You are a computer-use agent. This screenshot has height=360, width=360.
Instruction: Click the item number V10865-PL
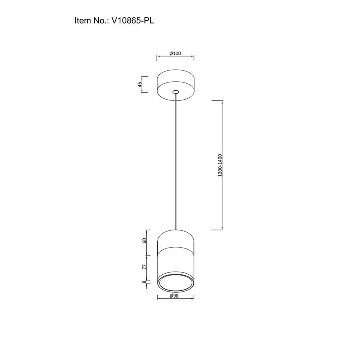(133, 21)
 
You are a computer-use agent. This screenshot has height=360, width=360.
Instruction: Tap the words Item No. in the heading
(92, 21)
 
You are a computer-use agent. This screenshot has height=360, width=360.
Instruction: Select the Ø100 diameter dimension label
(175, 53)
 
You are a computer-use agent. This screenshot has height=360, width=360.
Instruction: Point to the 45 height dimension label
(140, 84)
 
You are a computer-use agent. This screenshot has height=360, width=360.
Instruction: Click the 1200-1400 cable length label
(220, 165)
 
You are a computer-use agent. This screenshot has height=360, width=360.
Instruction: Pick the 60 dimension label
(144, 241)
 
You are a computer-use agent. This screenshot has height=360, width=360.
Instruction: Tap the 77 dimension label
(144, 267)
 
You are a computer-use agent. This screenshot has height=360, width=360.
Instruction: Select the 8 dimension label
(144, 282)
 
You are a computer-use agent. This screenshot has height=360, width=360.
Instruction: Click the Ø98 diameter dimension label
(174, 296)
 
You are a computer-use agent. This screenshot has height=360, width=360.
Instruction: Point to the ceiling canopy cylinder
(176, 85)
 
